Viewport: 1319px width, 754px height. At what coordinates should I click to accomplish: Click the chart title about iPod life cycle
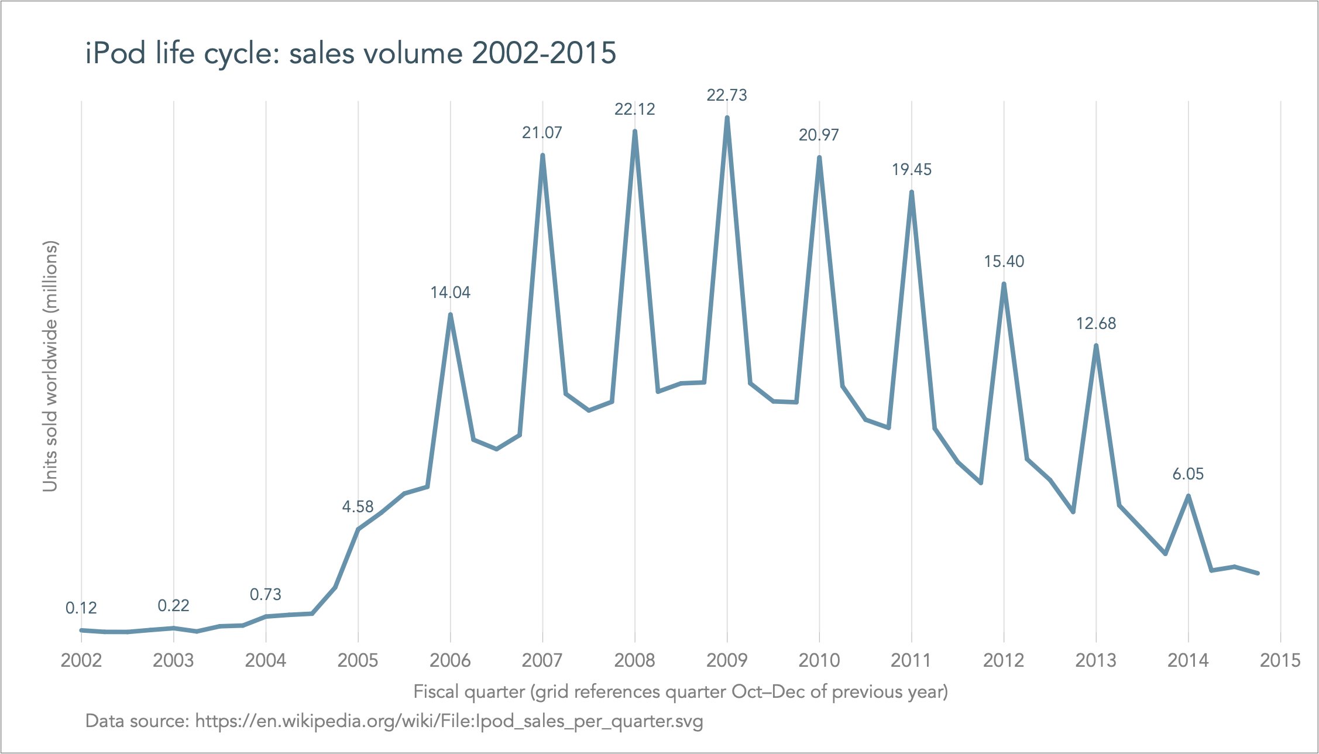tap(351, 53)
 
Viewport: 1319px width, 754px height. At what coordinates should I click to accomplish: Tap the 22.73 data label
tap(727, 95)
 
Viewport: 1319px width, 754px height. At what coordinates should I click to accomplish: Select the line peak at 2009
tap(727, 118)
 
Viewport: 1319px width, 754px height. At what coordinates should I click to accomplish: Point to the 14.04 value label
tap(450, 293)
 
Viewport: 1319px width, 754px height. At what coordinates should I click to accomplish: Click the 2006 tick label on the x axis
tap(450, 661)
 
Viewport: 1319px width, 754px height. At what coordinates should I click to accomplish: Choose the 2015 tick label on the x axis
tap(1280, 661)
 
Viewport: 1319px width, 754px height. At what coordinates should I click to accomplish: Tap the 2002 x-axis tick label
tap(81, 661)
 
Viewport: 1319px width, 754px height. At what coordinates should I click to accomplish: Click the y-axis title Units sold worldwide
tap(50, 366)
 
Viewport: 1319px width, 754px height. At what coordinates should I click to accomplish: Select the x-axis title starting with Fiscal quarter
tap(681, 692)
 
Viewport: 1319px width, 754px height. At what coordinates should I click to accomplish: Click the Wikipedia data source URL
tap(449, 721)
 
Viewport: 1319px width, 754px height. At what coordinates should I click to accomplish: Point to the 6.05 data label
tap(1188, 474)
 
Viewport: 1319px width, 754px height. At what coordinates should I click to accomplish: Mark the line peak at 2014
tap(1188, 496)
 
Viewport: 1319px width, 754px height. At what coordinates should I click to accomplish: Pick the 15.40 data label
tap(1004, 262)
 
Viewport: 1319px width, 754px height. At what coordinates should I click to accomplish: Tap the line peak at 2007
tap(542, 156)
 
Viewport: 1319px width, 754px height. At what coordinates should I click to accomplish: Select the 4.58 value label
tap(358, 507)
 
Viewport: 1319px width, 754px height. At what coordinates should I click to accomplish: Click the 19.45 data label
tap(912, 170)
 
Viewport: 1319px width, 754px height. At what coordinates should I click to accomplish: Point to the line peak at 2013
tap(1096, 345)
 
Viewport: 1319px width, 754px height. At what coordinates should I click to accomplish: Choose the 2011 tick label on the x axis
tap(911, 661)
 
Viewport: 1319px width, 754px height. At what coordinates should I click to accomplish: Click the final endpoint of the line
tap(1257, 573)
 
